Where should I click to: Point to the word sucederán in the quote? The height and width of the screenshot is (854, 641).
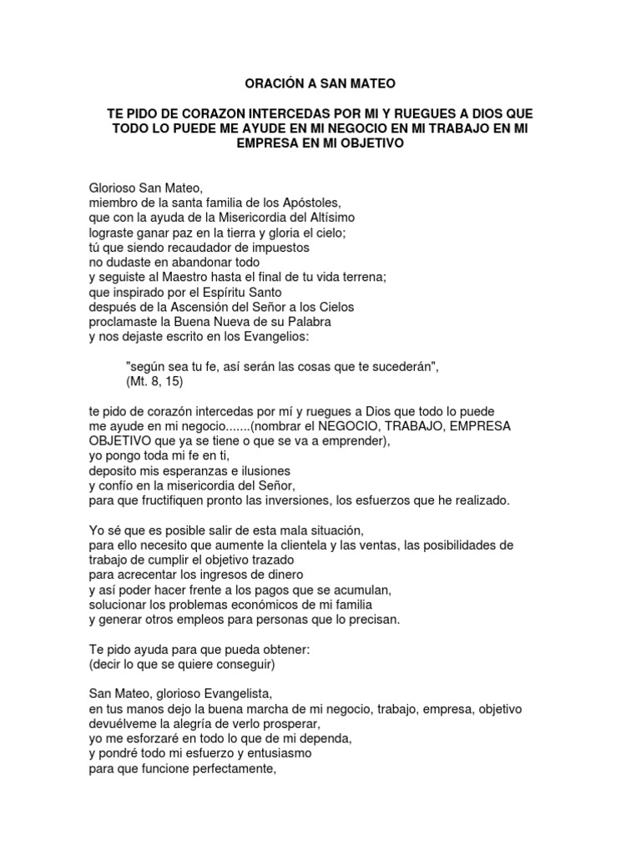click(x=391, y=366)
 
